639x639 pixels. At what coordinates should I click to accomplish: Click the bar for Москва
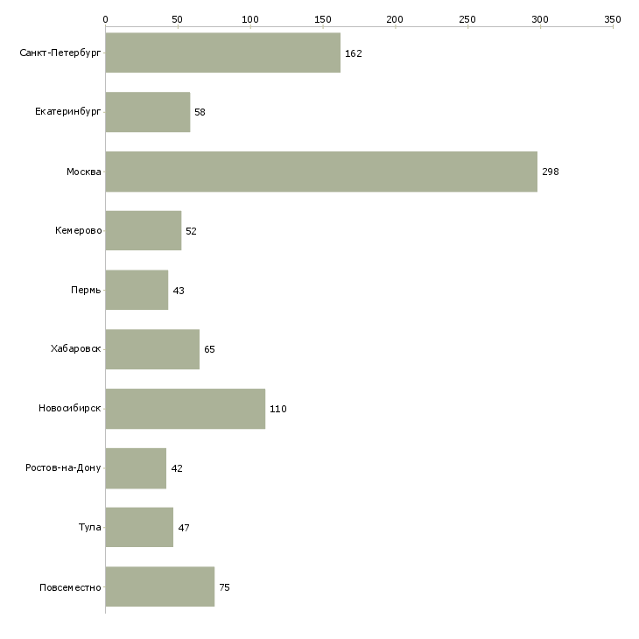point(321,172)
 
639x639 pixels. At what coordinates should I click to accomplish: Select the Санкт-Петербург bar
point(223,53)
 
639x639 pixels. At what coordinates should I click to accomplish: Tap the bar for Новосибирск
point(186,409)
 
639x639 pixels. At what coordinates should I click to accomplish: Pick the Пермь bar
point(137,290)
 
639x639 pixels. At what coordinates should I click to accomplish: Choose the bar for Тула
point(139,527)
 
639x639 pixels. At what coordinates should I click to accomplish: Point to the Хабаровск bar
point(153,349)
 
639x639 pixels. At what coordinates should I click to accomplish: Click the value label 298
point(551,172)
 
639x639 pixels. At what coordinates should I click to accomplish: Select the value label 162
point(354,53)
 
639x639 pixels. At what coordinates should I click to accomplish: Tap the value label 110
point(278,409)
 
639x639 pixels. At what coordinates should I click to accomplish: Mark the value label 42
point(177,468)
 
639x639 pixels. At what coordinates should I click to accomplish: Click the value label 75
point(225,587)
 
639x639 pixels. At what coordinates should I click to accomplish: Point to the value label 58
point(200,112)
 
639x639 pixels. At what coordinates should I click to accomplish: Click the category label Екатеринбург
point(67,112)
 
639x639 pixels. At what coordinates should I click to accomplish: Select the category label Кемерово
point(78,231)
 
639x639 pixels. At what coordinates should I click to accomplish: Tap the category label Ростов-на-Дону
point(63,467)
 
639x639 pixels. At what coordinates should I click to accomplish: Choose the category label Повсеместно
point(70,587)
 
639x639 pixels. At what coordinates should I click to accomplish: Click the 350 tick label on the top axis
point(613,19)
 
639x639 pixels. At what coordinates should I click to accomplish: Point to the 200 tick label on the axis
point(395,19)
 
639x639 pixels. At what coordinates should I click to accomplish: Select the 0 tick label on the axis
point(106,19)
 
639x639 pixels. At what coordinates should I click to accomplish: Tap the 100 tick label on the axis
point(249,19)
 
